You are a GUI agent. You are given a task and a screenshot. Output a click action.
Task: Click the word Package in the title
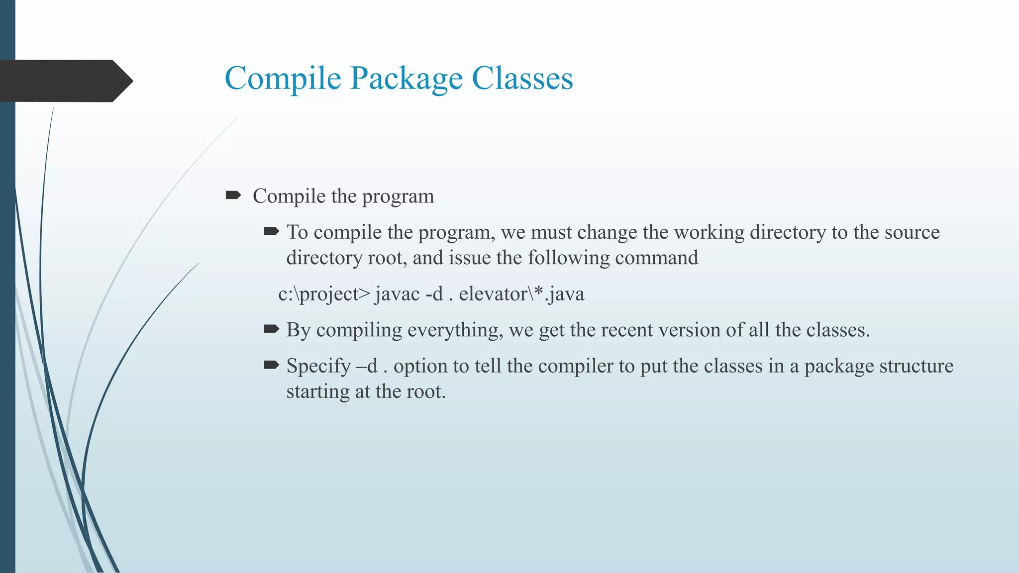tap(406, 79)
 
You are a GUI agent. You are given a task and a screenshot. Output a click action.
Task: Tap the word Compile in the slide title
tap(283, 79)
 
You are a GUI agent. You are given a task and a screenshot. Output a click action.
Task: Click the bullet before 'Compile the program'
tap(233, 195)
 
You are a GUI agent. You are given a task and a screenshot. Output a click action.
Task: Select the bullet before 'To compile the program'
tap(271, 231)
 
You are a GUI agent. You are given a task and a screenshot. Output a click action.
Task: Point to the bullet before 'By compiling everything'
tap(271, 329)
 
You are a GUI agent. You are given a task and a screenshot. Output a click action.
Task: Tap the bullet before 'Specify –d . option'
tap(271, 365)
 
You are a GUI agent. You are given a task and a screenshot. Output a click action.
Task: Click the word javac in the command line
tap(397, 294)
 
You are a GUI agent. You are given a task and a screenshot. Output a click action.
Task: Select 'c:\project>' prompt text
tap(324, 294)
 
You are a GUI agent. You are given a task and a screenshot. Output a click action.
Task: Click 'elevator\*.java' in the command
tap(521, 294)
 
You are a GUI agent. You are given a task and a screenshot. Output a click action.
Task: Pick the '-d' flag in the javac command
tap(434, 294)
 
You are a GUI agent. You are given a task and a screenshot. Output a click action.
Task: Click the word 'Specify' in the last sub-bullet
tap(318, 366)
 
